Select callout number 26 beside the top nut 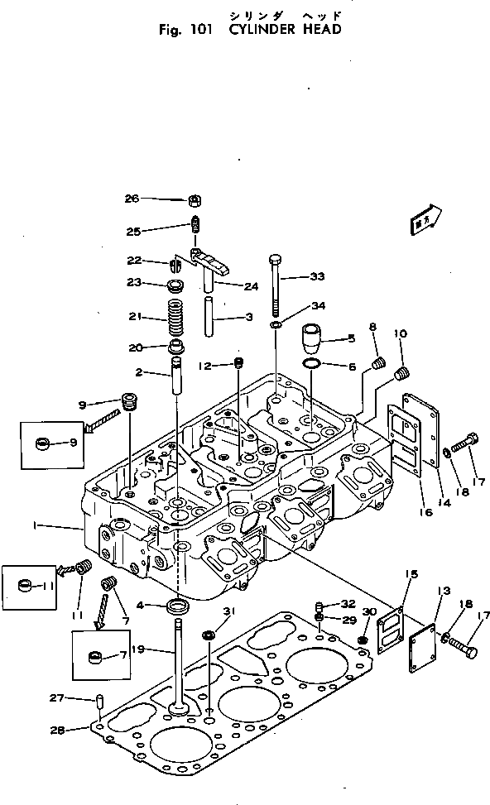[132, 199]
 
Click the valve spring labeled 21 [175, 317]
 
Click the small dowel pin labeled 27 [100, 702]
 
